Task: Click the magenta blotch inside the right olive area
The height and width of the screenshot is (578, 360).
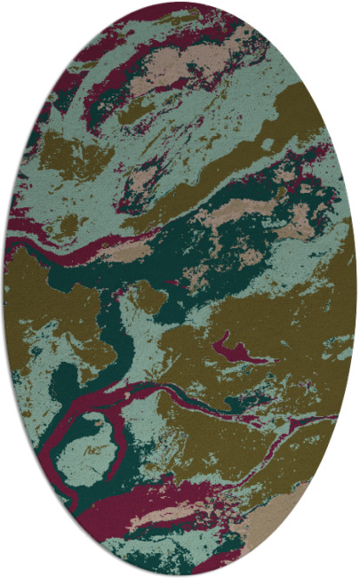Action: pos(233,346)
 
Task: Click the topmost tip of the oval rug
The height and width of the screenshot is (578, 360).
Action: pos(180,3)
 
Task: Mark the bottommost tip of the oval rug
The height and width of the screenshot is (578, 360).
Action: pos(180,575)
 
